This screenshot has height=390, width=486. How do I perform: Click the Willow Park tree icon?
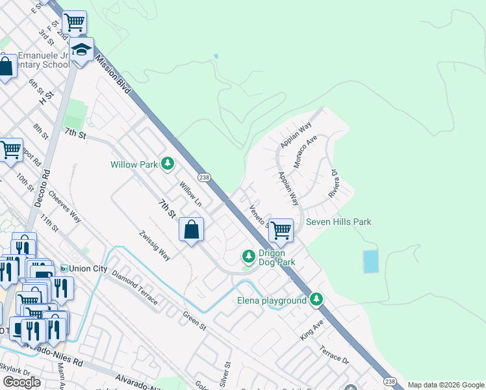(x=168, y=164)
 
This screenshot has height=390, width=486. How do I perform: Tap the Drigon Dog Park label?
(x=277, y=257)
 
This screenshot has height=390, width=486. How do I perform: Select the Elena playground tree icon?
(x=316, y=300)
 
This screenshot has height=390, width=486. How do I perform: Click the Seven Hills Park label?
(x=339, y=222)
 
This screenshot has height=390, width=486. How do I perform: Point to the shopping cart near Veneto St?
(x=281, y=229)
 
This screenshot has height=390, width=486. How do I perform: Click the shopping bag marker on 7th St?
(x=192, y=229)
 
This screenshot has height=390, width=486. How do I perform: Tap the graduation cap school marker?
(x=82, y=50)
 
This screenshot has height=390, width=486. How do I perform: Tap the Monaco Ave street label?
(x=305, y=152)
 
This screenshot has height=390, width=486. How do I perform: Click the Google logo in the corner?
(x=21, y=382)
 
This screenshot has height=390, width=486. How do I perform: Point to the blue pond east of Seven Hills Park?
(x=370, y=261)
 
